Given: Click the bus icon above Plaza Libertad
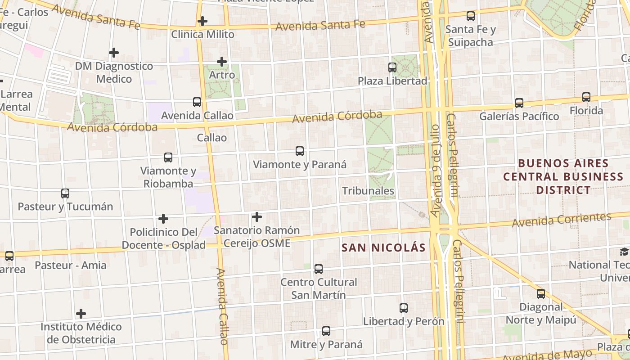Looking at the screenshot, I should click(x=392, y=67).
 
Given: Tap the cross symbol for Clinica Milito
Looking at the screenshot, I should click(x=202, y=21).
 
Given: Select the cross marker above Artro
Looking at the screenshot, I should click(x=222, y=62).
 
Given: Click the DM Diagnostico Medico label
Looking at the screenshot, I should click(x=114, y=72).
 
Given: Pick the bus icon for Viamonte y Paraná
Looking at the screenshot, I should click(x=300, y=151).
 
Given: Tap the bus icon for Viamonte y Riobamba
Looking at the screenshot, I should click(x=168, y=157).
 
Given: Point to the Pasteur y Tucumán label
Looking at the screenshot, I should click(x=65, y=207).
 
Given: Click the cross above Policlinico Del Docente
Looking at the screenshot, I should click(x=163, y=219).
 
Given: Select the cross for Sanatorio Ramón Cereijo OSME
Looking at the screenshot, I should click(x=257, y=217).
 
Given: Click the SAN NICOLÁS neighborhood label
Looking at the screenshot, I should click(x=383, y=247).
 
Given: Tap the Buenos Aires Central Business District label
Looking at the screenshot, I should click(x=563, y=176).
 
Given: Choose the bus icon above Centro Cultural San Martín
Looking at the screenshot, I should click(x=319, y=269).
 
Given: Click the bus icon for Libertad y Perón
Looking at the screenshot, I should click(x=404, y=308).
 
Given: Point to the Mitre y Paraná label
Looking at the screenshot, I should click(x=326, y=345).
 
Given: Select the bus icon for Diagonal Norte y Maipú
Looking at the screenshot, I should click(x=541, y=294).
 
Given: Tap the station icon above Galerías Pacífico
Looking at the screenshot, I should click(x=519, y=103).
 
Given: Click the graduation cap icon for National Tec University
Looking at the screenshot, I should click(x=624, y=252).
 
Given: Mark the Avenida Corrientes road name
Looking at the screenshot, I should click(x=562, y=220).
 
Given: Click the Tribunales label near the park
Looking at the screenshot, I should click(x=368, y=191).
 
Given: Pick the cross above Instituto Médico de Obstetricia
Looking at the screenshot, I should click(x=81, y=313).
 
